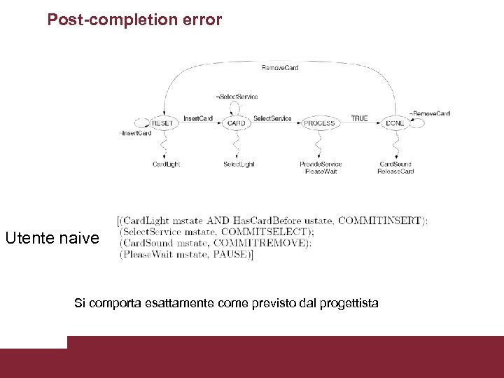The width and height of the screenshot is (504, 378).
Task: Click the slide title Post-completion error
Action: [x=134, y=20]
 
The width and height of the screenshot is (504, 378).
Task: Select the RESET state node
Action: [x=162, y=123]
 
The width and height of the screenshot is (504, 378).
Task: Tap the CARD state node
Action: [x=237, y=123]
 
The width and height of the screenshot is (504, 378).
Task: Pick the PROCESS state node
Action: [x=319, y=123]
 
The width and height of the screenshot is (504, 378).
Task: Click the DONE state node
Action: [x=395, y=123]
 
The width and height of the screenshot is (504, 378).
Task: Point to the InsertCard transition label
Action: [x=198, y=118]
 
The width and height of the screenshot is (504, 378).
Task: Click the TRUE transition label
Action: [x=359, y=118]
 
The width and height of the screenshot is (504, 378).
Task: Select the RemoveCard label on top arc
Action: [x=280, y=67]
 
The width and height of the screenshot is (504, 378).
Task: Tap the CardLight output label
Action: [x=167, y=164]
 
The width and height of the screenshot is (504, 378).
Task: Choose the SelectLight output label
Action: [x=239, y=164]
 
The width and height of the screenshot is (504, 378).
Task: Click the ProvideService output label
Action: [x=321, y=164]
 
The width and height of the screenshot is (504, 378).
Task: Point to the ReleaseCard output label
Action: [x=395, y=171]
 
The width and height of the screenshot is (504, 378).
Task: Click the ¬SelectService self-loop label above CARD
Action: [x=237, y=97]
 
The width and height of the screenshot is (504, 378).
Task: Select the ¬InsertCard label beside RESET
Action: [x=135, y=133]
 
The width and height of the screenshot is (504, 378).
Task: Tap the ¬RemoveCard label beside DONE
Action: [x=430, y=113]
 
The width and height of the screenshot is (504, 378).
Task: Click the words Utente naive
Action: [x=52, y=238]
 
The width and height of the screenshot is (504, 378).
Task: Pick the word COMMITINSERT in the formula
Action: [x=380, y=220]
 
